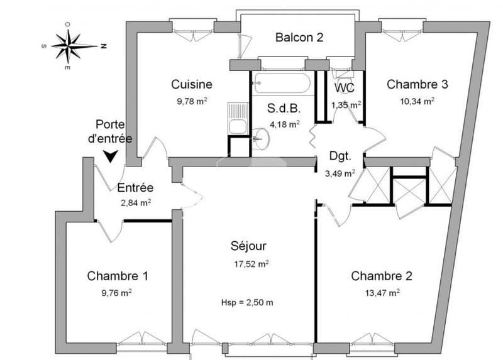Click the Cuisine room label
[192, 84]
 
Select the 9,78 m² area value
[192, 100]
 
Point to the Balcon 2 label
[299, 37]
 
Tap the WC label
[345, 87]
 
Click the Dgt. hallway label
[341, 158]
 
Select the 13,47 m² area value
[383, 292]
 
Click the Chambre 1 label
[118, 276]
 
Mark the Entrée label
[136, 187]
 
